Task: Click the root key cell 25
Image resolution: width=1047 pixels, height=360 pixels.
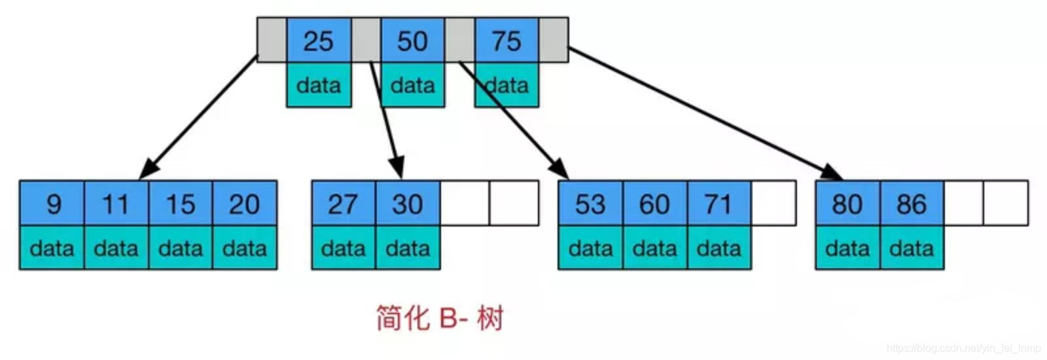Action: tap(319, 41)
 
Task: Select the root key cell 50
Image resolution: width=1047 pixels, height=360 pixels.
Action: tap(412, 41)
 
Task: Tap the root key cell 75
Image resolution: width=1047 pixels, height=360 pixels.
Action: tap(506, 41)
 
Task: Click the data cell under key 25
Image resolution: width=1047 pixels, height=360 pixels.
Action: tap(319, 85)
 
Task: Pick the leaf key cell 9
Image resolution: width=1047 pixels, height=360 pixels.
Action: tap(52, 204)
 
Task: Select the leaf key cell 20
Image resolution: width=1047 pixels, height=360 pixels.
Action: tap(245, 204)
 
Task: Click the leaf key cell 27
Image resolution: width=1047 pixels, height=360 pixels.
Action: tap(343, 204)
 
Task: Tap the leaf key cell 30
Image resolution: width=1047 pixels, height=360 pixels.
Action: tap(407, 204)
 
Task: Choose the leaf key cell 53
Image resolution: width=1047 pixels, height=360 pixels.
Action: tap(590, 204)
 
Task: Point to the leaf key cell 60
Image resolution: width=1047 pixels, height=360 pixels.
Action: tap(654, 204)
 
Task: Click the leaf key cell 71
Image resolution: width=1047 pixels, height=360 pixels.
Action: tap(719, 204)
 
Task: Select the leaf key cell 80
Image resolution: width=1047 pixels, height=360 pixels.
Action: tap(847, 204)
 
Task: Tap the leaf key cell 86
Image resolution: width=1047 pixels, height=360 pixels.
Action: tap(912, 204)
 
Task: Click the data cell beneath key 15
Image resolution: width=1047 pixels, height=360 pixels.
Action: tap(181, 248)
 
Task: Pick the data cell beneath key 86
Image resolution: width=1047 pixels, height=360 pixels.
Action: tap(912, 248)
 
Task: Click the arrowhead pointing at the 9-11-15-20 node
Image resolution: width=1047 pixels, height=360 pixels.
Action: tap(149, 170)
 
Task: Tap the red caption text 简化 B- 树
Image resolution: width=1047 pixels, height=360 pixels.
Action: tap(439, 318)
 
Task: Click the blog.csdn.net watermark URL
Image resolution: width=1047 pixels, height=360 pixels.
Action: tap(963, 349)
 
